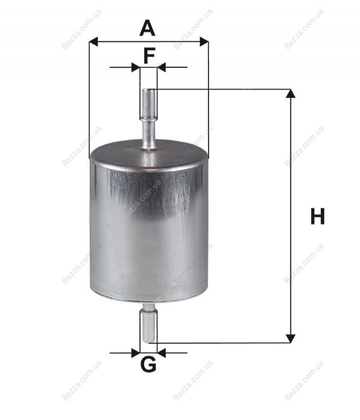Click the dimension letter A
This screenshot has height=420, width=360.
[x=147, y=29]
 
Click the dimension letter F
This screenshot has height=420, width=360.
[x=149, y=56]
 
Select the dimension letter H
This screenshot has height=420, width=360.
[x=317, y=216]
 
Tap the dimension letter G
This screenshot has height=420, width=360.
[x=148, y=364]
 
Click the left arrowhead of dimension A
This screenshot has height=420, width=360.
[x=94, y=42]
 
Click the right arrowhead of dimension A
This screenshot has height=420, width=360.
[x=204, y=42]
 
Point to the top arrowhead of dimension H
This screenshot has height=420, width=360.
[x=291, y=94]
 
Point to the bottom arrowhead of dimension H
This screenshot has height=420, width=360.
[x=291, y=338]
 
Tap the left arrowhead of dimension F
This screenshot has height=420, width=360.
[x=136, y=67]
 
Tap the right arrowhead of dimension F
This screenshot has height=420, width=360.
[x=162, y=67]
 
